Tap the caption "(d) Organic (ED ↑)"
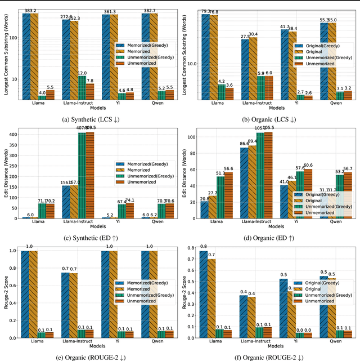[271, 239]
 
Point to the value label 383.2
[30, 11]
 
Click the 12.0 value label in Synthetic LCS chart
[82, 73]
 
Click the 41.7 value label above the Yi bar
[285, 26]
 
